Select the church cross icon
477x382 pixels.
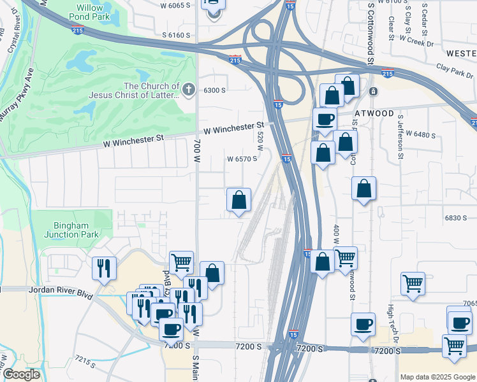(188, 90)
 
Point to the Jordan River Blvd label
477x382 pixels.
(61, 289)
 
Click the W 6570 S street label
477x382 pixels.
(242, 159)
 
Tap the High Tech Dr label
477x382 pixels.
(391, 322)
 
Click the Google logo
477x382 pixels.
(21, 374)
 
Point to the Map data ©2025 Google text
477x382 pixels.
(437, 377)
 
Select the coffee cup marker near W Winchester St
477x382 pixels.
(325, 120)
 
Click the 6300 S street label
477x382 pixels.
(214, 90)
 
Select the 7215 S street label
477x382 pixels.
(85, 362)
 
